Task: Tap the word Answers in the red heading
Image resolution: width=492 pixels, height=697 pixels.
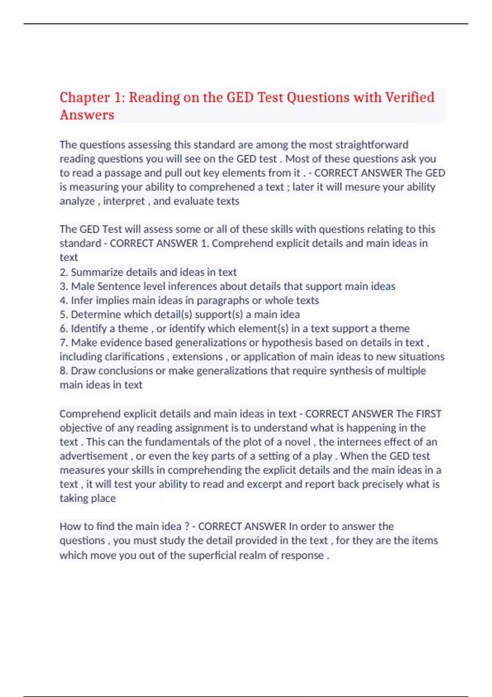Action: (87, 115)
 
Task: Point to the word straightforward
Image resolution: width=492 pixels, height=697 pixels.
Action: (372, 145)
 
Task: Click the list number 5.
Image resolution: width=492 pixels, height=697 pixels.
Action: (63, 314)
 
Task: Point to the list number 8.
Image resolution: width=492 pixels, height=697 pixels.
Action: (63, 371)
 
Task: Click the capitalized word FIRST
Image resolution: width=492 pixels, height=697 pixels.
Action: (428, 414)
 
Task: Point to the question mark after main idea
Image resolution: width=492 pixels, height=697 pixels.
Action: (187, 526)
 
